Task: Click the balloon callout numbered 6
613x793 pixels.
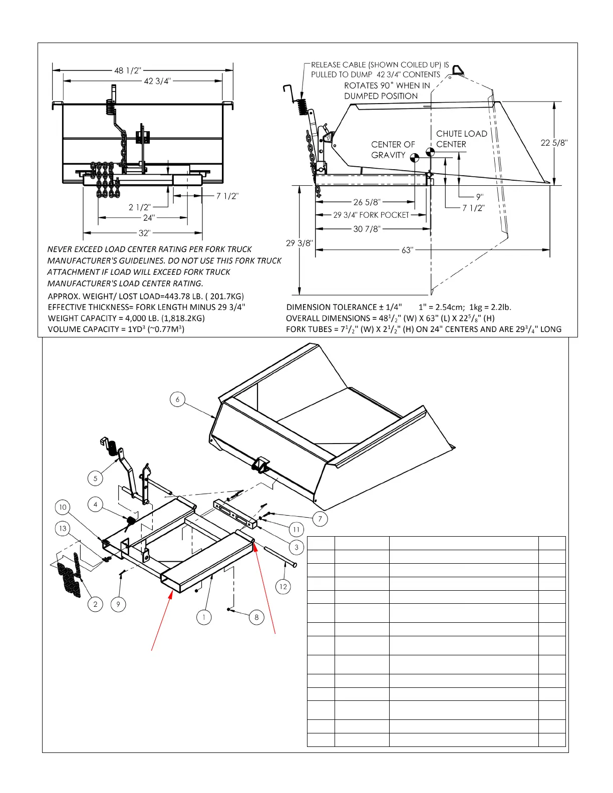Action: point(177,400)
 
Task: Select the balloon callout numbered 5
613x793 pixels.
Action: point(96,478)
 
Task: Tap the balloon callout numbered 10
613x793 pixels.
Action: point(63,507)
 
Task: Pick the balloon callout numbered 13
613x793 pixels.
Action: point(63,529)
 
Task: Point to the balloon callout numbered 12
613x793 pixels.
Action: point(283,587)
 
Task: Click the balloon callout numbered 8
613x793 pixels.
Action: point(256,617)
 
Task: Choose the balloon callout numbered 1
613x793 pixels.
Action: point(204,617)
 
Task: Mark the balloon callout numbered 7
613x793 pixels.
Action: point(320,519)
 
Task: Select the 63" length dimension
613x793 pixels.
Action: point(407,250)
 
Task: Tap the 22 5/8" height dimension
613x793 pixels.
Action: point(554,143)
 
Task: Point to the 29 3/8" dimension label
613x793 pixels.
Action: point(299,243)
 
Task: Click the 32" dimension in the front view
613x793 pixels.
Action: point(144,233)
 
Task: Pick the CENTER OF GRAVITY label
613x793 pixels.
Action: point(393,150)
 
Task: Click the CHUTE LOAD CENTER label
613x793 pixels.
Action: point(461,139)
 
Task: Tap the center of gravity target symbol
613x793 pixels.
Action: point(414,158)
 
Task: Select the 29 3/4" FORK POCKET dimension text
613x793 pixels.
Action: point(371,215)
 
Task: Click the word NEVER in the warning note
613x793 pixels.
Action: point(60,249)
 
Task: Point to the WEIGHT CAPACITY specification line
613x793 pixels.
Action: point(126,318)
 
